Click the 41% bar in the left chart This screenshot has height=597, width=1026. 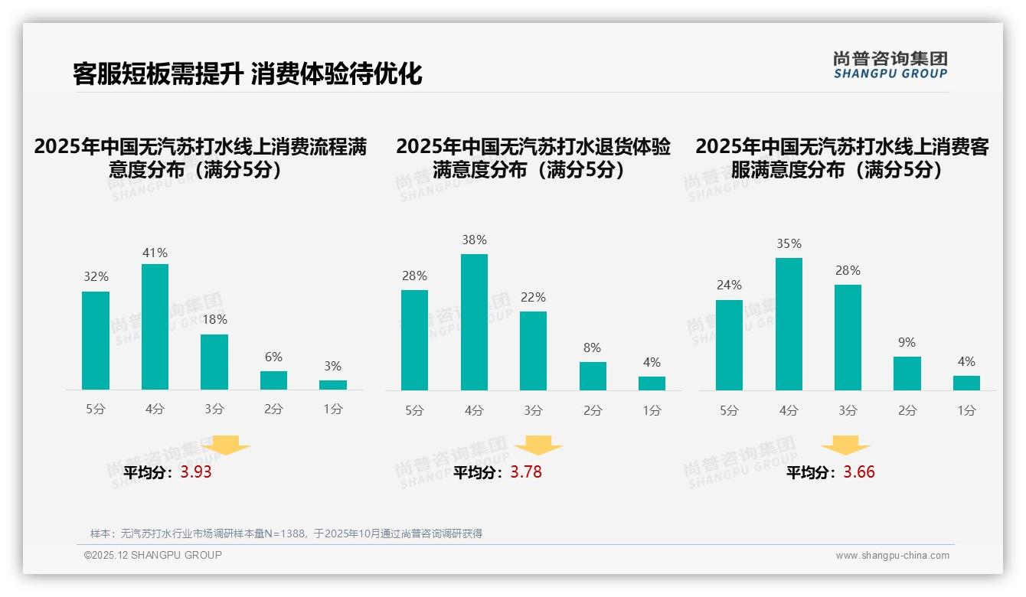pos(155,327)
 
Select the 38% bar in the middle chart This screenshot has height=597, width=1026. pos(474,322)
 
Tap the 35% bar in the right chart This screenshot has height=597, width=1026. pos(789,324)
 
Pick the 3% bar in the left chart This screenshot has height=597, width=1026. pos(333,385)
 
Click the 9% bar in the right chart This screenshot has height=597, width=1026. pos(907,374)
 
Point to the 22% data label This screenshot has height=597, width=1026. pos(533,298)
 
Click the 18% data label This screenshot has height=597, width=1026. pos(214,320)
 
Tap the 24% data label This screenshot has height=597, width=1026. pos(729,285)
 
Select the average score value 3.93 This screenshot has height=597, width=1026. pos(196,472)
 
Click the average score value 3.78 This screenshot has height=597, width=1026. pos(526,472)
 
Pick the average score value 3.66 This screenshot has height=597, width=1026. pos(859,472)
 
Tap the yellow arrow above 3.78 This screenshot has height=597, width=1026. pos(538,445)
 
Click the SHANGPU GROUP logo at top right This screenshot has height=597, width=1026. pos(890,65)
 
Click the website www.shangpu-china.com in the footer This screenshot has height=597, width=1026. pos(892,556)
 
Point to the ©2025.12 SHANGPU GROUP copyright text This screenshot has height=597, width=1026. pos(153,555)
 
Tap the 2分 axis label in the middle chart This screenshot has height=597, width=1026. pos(593,411)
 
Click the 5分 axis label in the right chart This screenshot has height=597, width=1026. pos(729,411)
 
